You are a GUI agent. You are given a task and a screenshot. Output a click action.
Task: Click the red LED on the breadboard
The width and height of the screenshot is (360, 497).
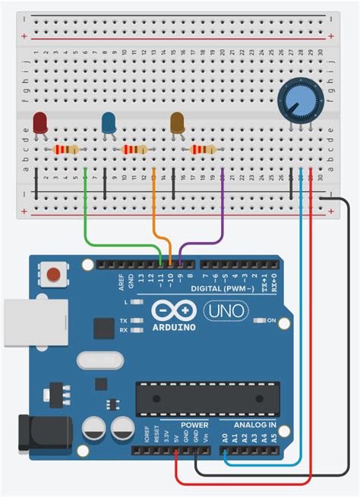coord(39,122)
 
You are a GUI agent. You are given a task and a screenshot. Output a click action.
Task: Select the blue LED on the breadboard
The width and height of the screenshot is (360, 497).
coord(109,122)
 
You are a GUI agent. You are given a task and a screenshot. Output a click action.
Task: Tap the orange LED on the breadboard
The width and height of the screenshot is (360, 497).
coord(178,122)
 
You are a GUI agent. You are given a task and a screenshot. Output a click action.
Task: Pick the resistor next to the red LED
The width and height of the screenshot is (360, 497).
coord(64,150)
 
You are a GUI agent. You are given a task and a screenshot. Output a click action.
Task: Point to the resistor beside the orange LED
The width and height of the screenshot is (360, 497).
coord(204,150)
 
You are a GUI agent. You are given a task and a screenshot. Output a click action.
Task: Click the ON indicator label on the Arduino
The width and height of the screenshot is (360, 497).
coord(271,320)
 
